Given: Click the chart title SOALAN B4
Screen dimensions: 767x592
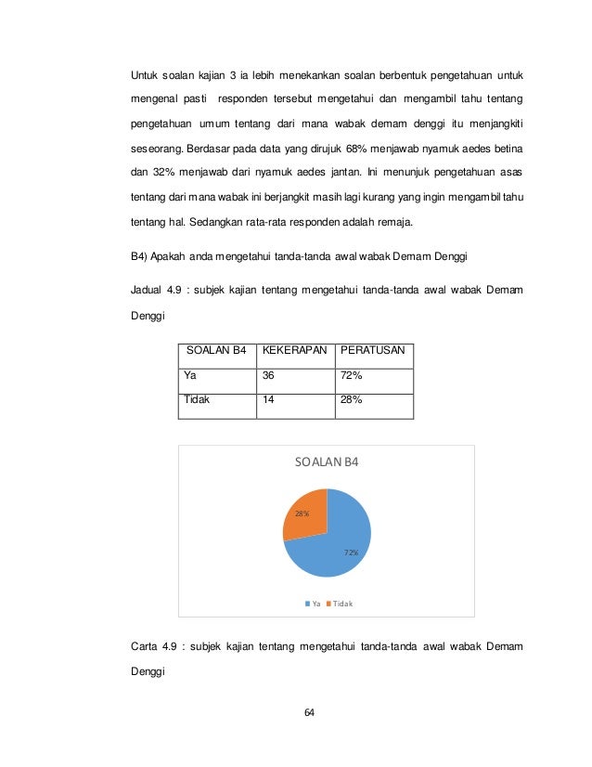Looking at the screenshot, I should tap(326, 462).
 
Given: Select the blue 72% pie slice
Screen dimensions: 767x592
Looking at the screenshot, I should tap(334, 548).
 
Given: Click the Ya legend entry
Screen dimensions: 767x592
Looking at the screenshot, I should tap(313, 603).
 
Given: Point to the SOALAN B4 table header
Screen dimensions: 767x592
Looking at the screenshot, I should tap(216, 351).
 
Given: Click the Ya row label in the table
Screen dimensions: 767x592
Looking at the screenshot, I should tap(190, 376).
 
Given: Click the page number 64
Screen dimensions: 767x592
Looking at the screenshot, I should tap(310, 713).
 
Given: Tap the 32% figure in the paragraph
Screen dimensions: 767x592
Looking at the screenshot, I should tap(162, 174).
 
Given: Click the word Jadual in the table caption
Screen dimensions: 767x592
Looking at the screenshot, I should tap(147, 292).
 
